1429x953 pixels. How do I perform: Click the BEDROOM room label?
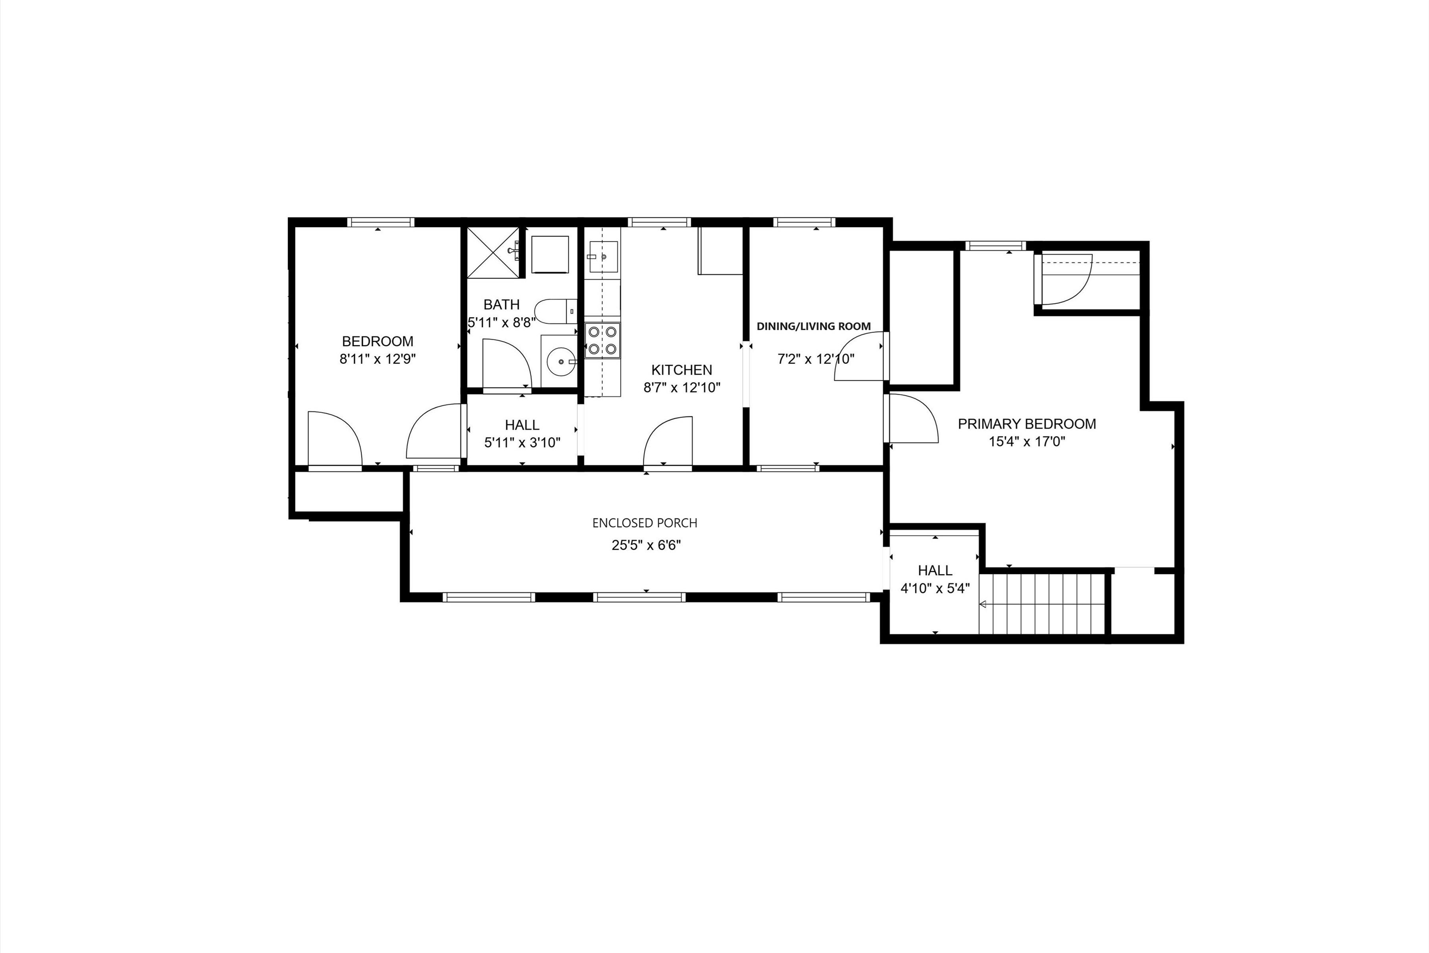pos(377,342)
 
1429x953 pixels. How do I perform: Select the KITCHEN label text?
pos(681,370)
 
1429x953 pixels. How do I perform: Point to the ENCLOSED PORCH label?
pos(645,523)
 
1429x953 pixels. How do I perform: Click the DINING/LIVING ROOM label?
pos(814,326)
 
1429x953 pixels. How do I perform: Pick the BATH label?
pos(501,304)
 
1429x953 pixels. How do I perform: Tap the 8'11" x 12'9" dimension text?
pos(377,359)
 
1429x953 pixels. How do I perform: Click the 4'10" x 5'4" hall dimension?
pos(935,588)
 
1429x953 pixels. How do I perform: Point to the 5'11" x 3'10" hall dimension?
pos(522,443)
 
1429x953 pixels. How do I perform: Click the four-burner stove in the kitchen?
pos(602,340)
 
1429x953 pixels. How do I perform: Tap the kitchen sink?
pos(603,257)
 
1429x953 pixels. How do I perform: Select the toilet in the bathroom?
pos(554,310)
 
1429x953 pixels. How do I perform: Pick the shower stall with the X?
pos(494,252)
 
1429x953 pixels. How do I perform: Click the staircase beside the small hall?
pos(1042,604)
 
